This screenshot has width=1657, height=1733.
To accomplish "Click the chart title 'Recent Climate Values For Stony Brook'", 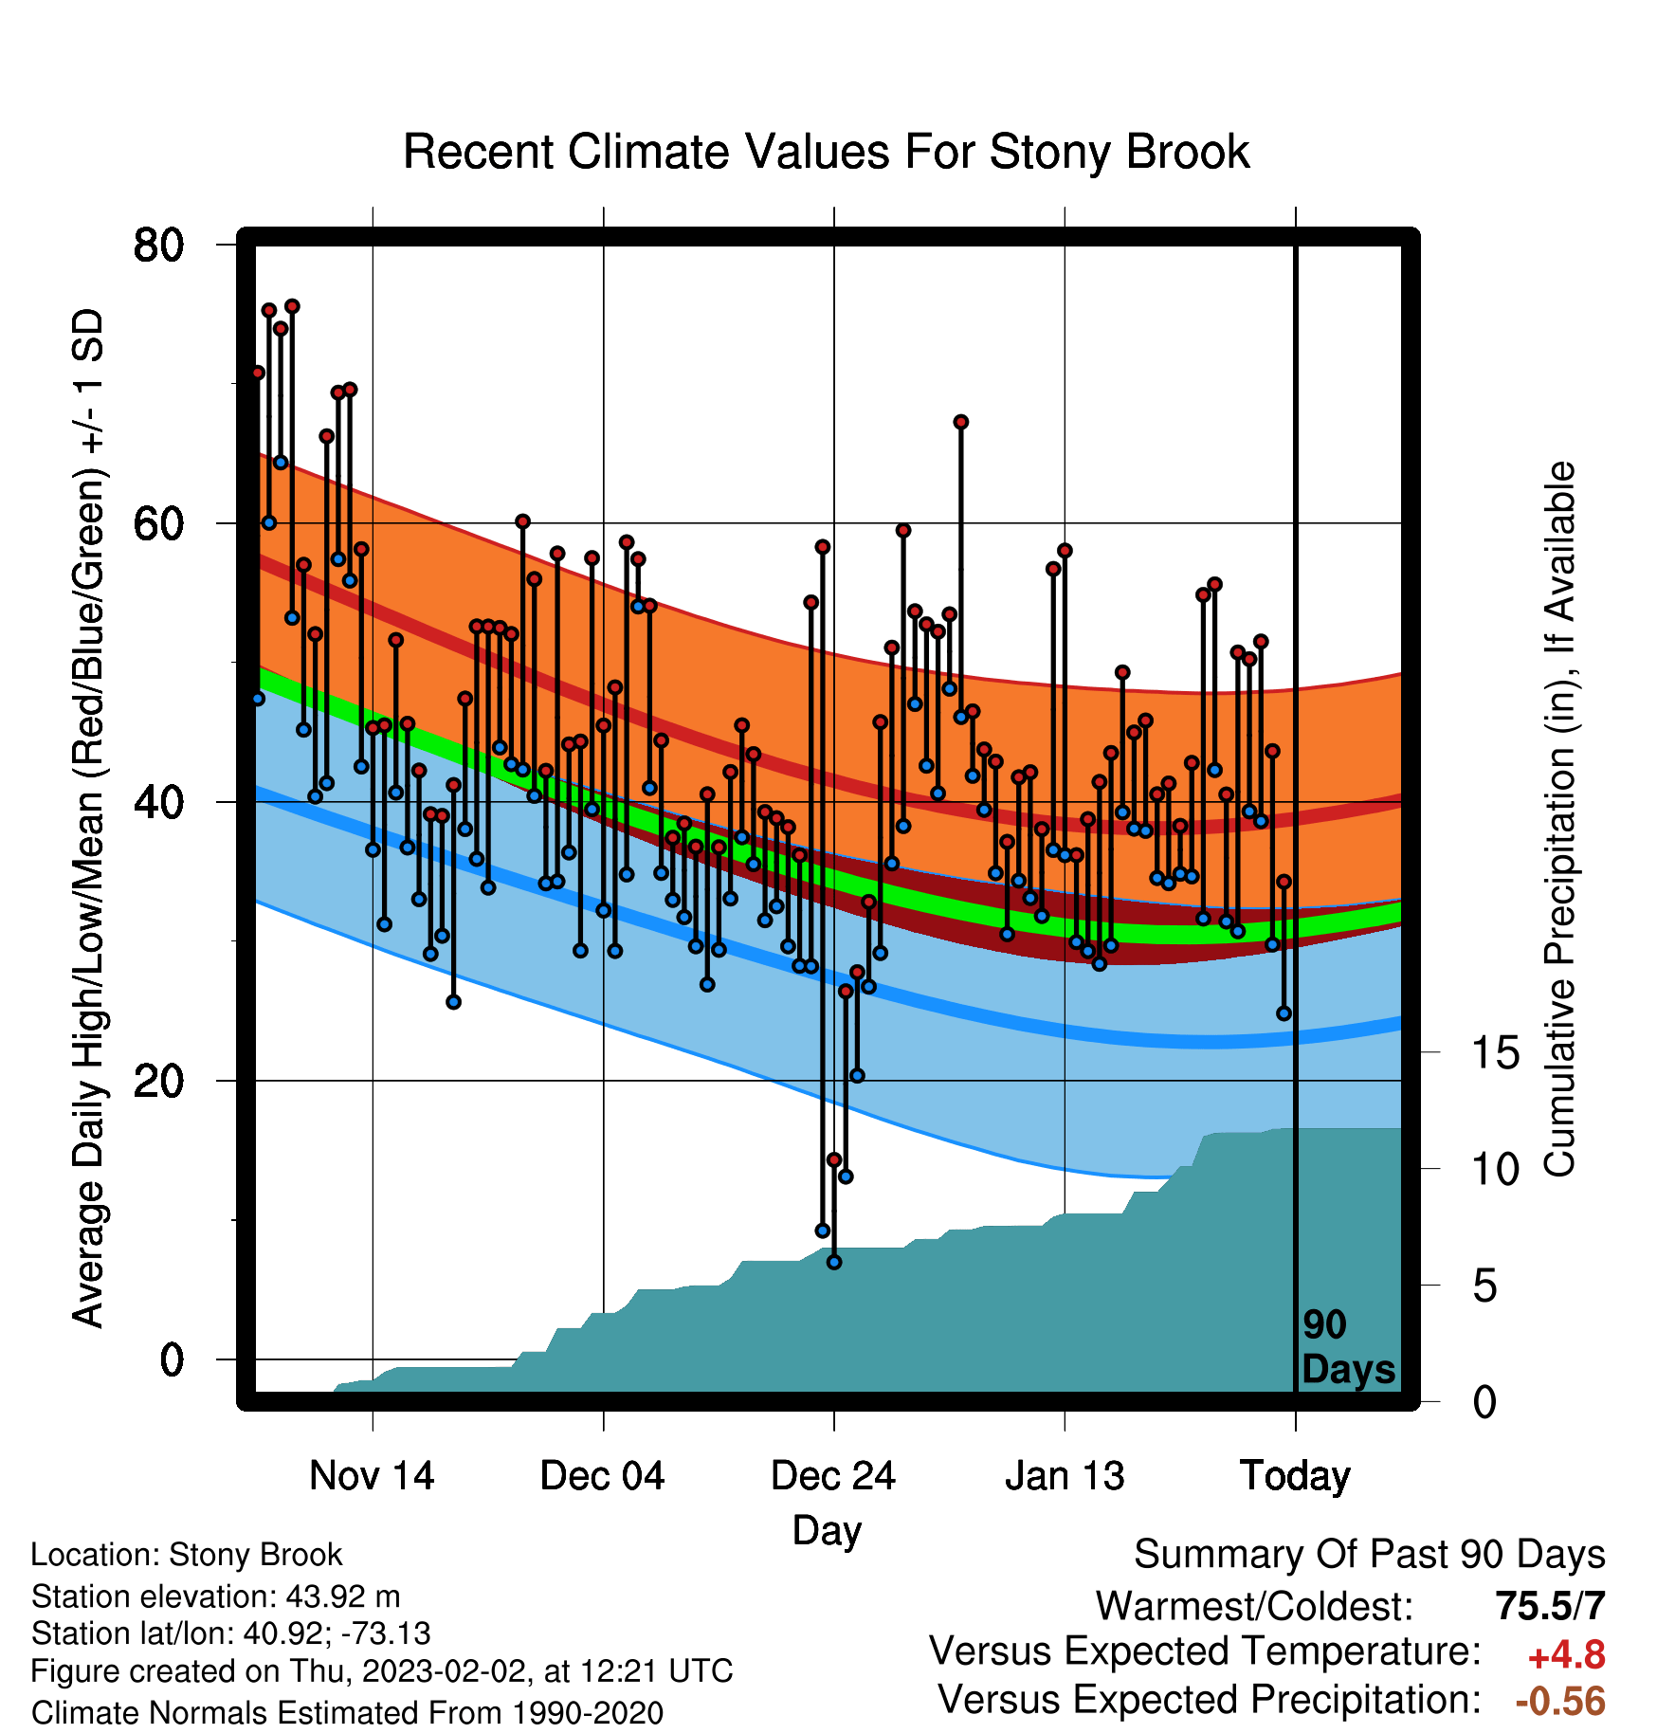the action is pos(827,152).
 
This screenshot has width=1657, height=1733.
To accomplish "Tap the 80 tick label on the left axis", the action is pos(158,245).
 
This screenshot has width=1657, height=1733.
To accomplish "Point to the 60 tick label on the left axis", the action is pos(158,523).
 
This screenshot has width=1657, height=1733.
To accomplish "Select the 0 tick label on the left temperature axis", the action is pos(172,1359).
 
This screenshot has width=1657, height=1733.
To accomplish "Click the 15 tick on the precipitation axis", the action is pos(1496,1052).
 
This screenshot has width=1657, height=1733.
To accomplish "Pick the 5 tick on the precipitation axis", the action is pos(1485,1286).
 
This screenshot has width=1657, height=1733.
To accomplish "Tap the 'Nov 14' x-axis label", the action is pos(372,1476).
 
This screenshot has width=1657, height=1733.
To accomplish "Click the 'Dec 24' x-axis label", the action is pos(833,1476).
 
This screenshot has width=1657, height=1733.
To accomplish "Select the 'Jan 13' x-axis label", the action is pos(1065,1476).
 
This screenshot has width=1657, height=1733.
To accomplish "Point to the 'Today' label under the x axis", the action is pos(1295,1477).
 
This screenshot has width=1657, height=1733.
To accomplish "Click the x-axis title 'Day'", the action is pos(827,1530).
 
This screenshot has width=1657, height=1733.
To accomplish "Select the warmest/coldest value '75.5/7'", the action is pos(1551,1606).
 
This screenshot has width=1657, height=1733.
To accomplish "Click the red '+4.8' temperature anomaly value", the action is pos(1567,1655).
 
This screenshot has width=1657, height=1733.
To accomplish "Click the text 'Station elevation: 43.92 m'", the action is pos(216,1596).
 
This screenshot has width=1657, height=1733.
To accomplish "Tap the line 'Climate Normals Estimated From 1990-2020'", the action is pos(347,1713).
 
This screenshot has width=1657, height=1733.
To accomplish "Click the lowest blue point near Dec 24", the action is pos(834,1262).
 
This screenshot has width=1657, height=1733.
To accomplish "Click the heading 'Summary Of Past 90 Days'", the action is pos(1370,1555).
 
